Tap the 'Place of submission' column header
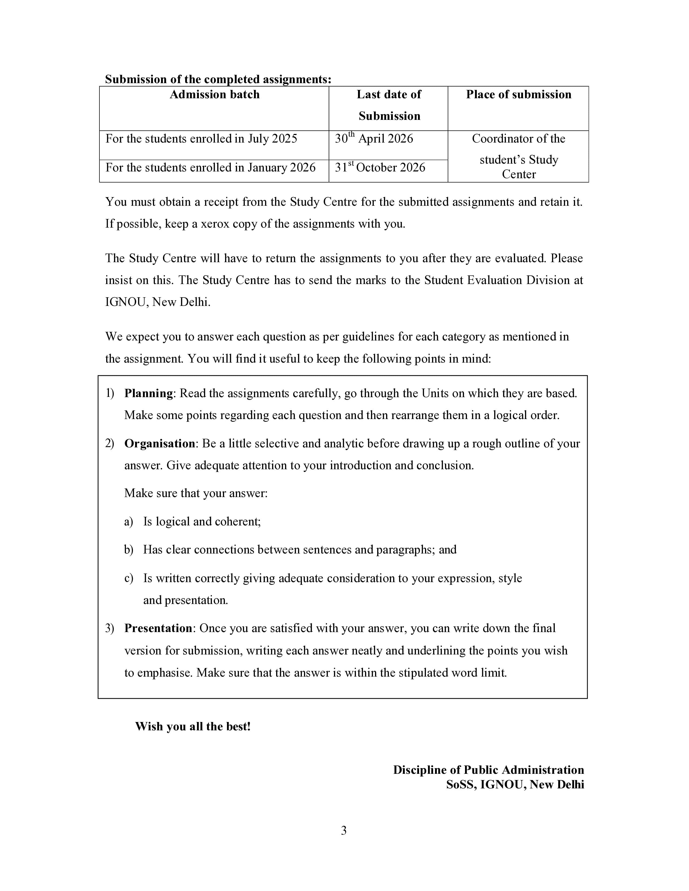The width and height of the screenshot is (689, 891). (519, 95)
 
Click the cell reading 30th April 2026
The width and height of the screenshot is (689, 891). (374, 139)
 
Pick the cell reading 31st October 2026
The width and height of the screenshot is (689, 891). (380, 168)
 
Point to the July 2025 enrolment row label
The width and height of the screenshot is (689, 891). (201, 139)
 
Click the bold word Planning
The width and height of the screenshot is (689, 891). (149, 393)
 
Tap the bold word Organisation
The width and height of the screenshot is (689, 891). (160, 443)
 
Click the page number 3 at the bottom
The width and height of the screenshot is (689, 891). (344, 831)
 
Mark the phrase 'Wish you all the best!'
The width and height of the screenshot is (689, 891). (193, 727)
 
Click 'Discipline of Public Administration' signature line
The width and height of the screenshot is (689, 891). (488, 770)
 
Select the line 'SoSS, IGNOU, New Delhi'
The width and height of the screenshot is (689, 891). (515, 785)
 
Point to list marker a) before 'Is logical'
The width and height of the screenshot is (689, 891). (129, 522)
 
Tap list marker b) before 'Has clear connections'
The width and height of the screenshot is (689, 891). (129, 550)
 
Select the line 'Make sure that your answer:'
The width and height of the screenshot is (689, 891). (196, 494)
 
